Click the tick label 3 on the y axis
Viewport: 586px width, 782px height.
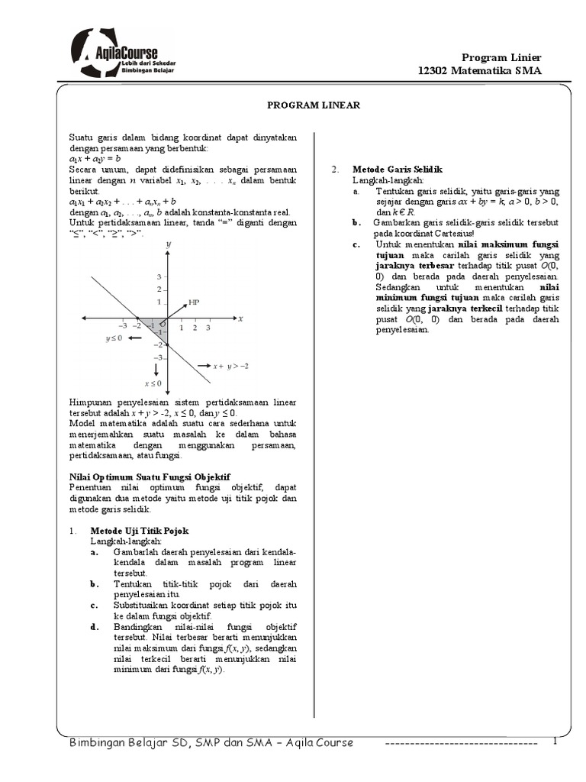158,276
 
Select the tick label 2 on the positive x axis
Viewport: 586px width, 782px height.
194,327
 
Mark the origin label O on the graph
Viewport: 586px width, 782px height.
163,325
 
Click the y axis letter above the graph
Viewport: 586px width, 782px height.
167,242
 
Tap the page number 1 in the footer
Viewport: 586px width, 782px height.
555,742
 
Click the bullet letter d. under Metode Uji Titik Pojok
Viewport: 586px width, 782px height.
95,627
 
